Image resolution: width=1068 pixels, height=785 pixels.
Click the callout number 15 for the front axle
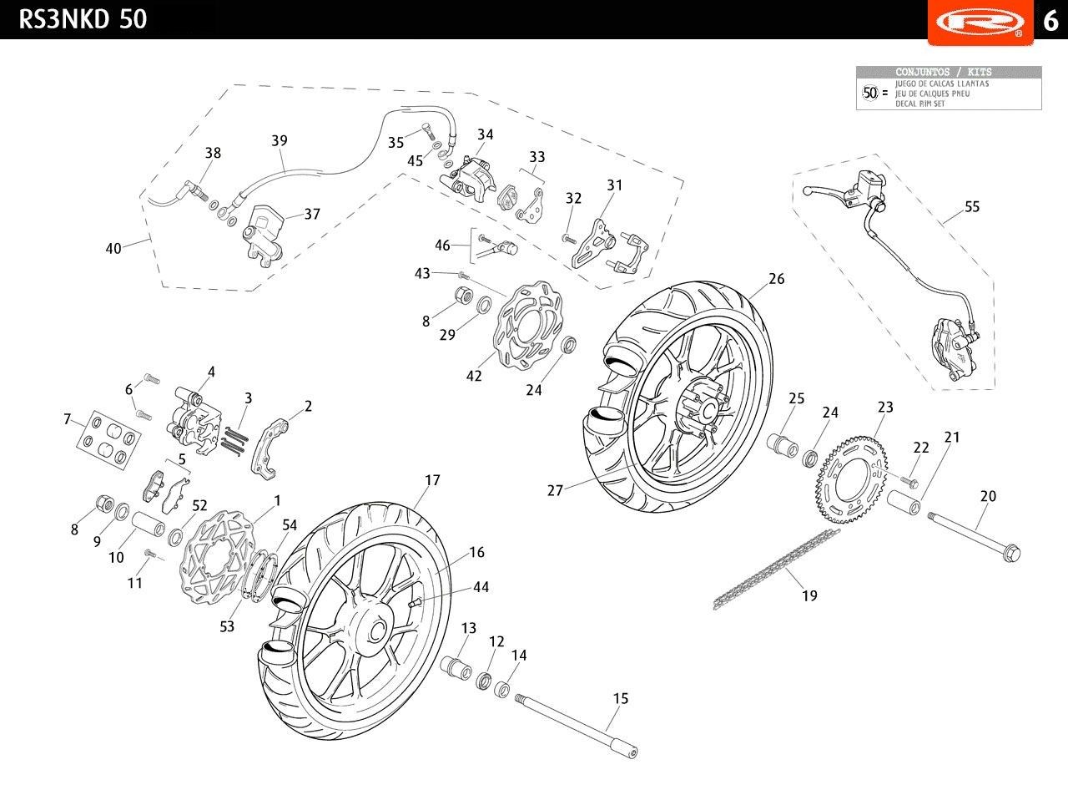click(x=620, y=699)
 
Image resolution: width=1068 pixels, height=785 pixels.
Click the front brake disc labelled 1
click(x=214, y=551)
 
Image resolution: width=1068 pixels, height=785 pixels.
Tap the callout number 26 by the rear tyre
click(x=776, y=279)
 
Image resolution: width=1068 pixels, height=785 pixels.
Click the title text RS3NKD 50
click(x=83, y=18)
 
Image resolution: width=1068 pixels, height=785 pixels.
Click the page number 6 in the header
click(x=1050, y=20)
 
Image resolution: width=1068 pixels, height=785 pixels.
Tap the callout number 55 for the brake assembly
click(x=972, y=207)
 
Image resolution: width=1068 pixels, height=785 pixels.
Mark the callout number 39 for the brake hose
click(x=280, y=140)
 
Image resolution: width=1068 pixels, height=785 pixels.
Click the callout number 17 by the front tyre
click(x=431, y=481)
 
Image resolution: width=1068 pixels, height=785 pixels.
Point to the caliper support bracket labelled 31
click(x=604, y=242)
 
